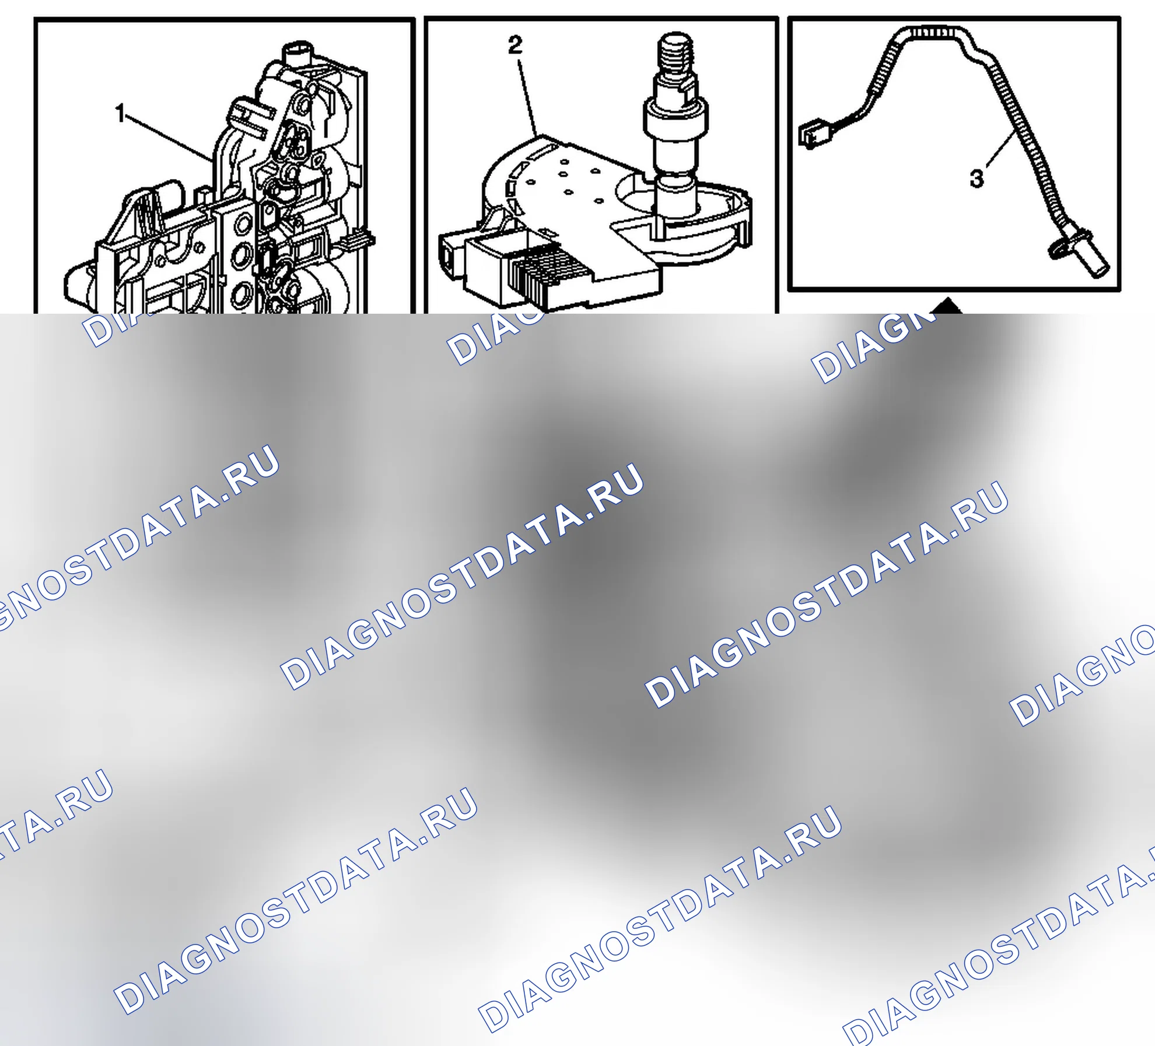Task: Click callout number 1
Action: (x=121, y=113)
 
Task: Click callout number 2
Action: (x=515, y=45)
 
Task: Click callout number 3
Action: (x=977, y=178)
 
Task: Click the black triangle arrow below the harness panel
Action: (x=949, y=307)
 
